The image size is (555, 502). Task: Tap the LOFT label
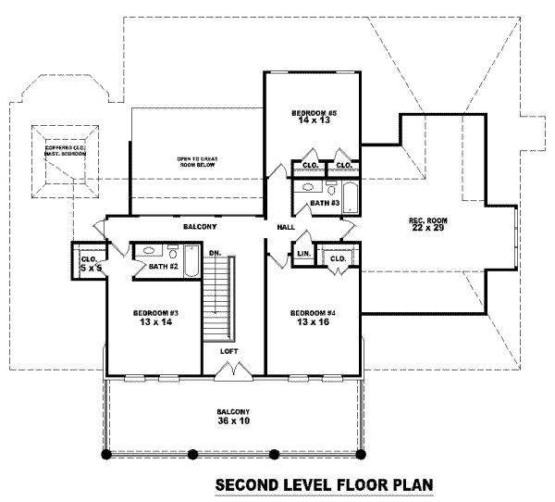point(228,352)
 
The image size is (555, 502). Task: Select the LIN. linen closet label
point(302,253)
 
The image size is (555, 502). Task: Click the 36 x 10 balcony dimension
point(233,421)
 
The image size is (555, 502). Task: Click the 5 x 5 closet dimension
point(89,267)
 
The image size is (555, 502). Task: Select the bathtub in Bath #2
point(190,262)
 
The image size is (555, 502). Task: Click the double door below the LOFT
point(229,372)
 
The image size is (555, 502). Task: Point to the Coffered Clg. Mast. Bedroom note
point(66,153)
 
